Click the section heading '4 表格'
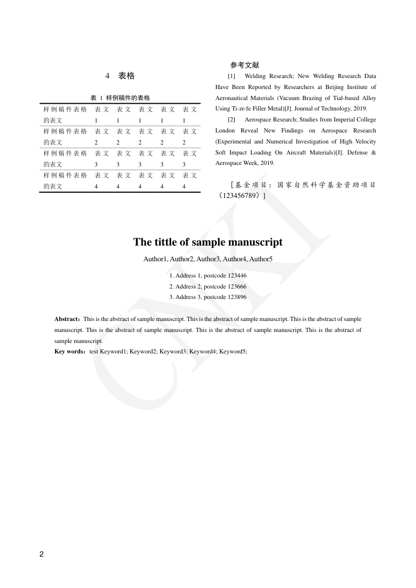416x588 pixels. point(120,76)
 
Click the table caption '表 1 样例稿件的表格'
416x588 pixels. point(120,98)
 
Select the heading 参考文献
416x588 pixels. point(244,65)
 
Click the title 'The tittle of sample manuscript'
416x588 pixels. point(207,242)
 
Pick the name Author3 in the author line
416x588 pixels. point(208,259)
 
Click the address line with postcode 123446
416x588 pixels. point(208,275)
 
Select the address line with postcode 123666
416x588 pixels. point(208,286)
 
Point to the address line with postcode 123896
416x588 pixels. point(208,297)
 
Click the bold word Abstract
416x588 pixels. point(67,319)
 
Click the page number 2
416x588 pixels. point(42,554)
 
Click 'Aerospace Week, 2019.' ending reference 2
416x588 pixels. point(245,163)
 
